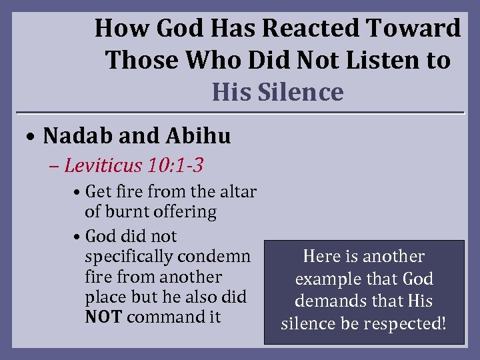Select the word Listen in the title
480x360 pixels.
click(377, 61)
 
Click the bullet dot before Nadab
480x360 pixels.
click(32, 137)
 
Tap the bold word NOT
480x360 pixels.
click(103, 317)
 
